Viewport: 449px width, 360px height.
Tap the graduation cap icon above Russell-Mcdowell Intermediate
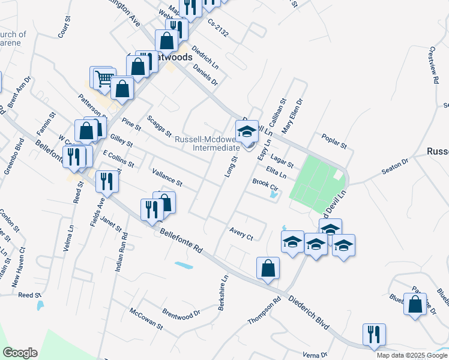point(247,131)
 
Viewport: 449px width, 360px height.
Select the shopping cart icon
point(104,78)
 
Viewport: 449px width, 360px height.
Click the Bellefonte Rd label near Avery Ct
point(181,241)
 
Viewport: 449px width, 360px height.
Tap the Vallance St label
point(166,177)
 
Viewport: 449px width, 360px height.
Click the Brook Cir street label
point(263,182)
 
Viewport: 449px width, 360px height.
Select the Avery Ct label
point(241,233)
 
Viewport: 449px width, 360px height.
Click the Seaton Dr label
point(395,167)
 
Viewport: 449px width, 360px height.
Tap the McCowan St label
point(146,320)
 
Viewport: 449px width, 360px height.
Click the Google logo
point(20,353)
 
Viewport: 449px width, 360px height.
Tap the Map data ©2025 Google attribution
point(411,355)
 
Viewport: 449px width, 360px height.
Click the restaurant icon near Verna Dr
point(374,335)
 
